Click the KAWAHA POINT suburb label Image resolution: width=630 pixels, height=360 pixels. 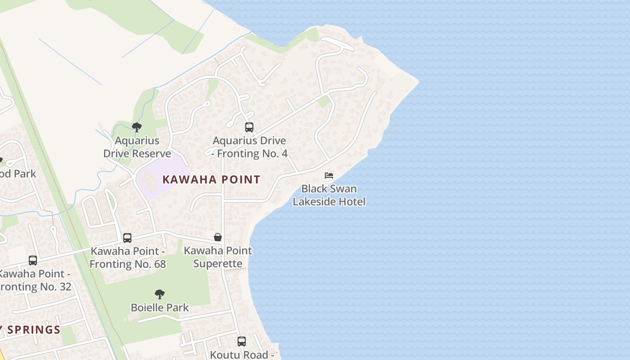(211, 180)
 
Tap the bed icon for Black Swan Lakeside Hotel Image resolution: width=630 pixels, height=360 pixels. (329, 175)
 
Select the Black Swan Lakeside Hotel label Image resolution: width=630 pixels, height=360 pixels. (329, 195)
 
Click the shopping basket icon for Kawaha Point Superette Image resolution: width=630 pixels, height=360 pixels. (218, 237)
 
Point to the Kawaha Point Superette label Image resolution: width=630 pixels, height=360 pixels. (218, 256)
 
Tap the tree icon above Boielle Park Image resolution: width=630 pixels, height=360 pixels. (159, 295)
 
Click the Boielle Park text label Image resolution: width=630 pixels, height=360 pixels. (160, 308)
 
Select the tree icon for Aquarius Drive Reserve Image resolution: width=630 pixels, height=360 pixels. (137, 127)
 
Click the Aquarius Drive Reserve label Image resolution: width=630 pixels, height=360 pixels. (137, 147)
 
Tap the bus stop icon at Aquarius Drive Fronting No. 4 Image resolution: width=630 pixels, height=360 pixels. (249, 127)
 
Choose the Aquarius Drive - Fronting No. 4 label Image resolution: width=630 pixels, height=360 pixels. (250, 147)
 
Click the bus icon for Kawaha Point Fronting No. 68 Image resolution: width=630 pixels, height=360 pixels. (127, 238)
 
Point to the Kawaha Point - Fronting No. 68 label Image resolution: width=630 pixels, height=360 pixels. (128, 257)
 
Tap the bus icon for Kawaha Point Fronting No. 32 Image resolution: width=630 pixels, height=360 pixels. (33, 261)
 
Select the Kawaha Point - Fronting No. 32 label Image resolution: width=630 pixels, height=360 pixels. (35, 280)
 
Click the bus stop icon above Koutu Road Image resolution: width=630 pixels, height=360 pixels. (242, 342)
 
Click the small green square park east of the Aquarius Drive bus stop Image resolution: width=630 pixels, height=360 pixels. (324, 101)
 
